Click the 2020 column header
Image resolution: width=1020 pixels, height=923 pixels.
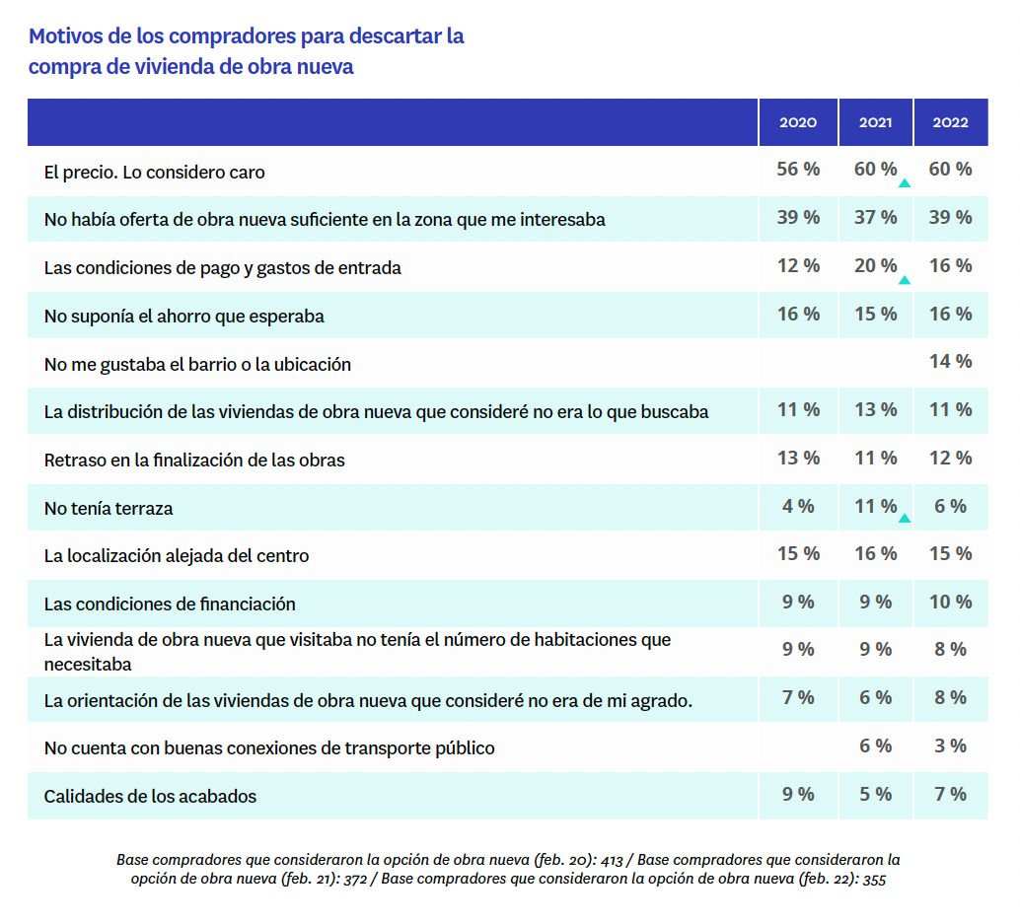(798, 123)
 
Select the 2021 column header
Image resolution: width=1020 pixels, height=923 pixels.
(875, 123)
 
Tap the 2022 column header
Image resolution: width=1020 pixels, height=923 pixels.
(950, 123)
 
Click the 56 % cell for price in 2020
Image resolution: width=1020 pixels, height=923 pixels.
(798, 170)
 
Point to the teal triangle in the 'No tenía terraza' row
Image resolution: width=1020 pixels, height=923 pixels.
(905, 518)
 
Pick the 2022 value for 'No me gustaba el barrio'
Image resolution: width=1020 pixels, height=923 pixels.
(950, 362)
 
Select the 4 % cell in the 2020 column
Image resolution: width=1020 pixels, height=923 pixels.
(798, 507)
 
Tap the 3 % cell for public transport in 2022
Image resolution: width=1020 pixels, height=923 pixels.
(950, 746)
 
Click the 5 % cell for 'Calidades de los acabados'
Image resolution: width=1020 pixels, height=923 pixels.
(875, 795)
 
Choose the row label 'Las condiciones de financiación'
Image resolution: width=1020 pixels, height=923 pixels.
(170, 603)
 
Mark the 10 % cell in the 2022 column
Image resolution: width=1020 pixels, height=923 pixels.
(950, 603)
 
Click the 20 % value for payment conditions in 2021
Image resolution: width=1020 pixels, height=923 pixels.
(875, 266)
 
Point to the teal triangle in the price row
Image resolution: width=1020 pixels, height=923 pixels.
(905, 183)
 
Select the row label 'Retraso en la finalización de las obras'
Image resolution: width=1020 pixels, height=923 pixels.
(194, 461)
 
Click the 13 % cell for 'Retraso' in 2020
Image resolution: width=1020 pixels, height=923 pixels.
(798, 459)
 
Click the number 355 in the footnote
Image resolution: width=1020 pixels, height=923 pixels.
(872, 880)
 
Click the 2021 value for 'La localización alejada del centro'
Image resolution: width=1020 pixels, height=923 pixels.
(875, 554)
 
